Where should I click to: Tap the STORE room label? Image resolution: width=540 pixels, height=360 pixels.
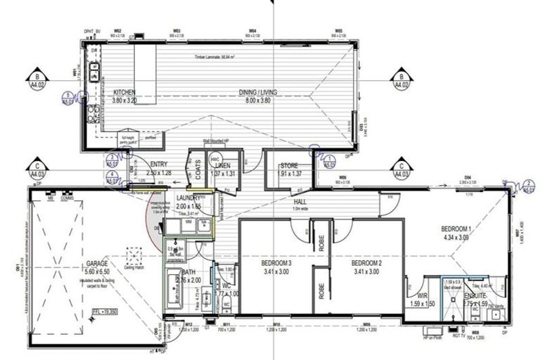click(x=288, y=165)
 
